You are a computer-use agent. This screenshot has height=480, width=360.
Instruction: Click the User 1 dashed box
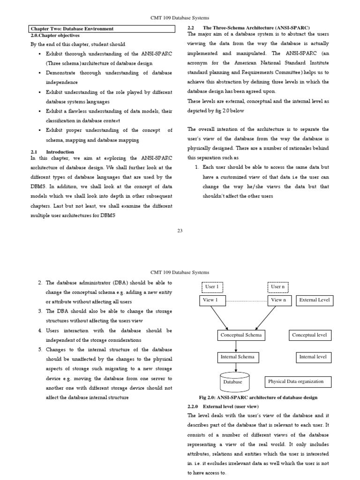pos(212,286)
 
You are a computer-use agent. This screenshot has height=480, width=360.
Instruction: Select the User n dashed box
pos(277,286)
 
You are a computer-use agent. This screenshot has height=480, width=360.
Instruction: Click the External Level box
pos(315,300)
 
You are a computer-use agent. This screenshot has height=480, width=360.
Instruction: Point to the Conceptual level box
pos(309,335)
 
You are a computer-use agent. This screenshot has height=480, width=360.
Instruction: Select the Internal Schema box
pos(237,357)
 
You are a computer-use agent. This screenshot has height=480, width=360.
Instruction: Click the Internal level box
pos(313,357)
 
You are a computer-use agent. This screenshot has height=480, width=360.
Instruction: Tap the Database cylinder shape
pos(233,380)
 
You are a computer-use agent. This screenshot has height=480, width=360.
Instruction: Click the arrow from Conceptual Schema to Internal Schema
pos(236,346)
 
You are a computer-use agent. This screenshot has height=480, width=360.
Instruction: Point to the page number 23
pos(180,229)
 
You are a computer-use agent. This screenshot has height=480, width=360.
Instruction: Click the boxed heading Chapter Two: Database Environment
pos(72,29)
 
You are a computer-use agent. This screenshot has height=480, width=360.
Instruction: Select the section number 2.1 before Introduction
pos(33,152)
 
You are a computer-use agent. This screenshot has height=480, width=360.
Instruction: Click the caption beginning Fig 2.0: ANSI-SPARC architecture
pos(258,397)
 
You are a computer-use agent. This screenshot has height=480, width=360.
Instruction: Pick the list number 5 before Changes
pos(40,350)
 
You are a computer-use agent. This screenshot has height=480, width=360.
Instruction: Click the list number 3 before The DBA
pos(40,311)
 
